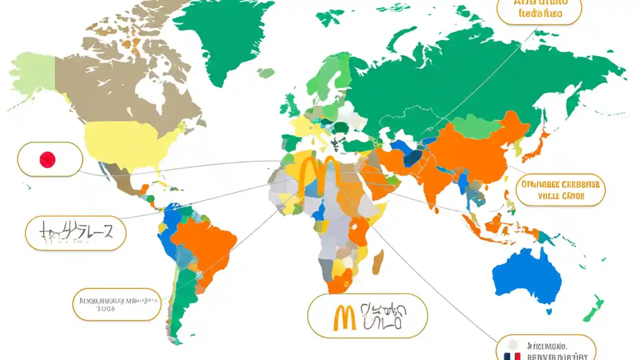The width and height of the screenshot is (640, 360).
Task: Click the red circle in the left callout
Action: click(47, 160)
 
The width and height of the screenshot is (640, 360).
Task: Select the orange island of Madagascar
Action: click(378, 261)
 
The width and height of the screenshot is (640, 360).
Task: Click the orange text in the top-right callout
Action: click(539, 9)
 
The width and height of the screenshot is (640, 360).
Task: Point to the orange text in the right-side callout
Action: click(560, 190)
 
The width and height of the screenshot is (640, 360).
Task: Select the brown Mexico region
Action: click(122, 180)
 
